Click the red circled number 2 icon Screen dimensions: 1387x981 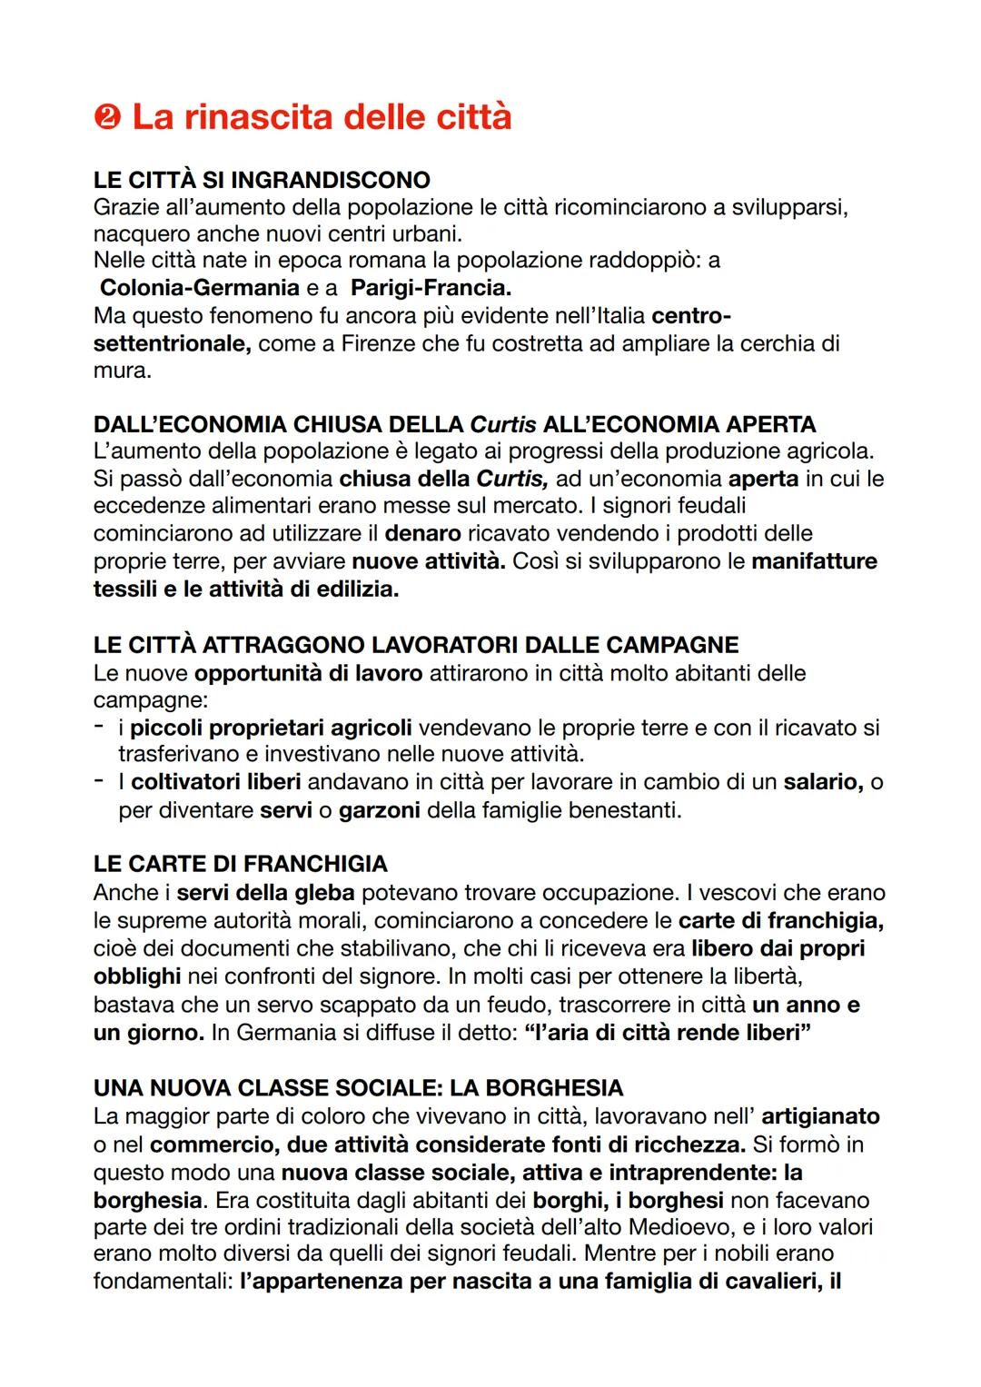point(108,118)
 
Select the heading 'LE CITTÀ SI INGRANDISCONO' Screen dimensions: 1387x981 point(262,180)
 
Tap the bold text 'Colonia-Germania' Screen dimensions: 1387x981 point(199,288)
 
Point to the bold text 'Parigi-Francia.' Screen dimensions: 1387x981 point(431,288)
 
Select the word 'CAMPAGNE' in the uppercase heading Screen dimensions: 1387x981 point(671,645)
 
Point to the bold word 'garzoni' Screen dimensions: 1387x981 point(379,809)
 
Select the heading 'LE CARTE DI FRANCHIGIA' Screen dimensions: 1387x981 point(240,863)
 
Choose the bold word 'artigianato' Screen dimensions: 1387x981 point(820,1115)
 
